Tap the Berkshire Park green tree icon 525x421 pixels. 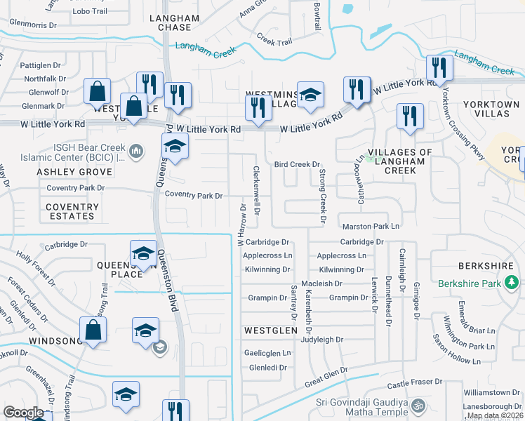click(x=512, y=283)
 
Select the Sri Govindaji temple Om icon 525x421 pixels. click(x=418, y=406)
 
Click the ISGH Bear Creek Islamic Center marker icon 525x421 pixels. click(x=136, y=151)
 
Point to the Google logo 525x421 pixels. click(x=23, y=413)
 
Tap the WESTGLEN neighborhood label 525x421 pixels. click(x=267, y=329)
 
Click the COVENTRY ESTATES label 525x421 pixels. click(x=72, y=211)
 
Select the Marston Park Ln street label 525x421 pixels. click(x=371, y=227)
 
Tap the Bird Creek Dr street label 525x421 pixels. click(x=297, y=164)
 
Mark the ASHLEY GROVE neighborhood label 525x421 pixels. click(x=65, y=172)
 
